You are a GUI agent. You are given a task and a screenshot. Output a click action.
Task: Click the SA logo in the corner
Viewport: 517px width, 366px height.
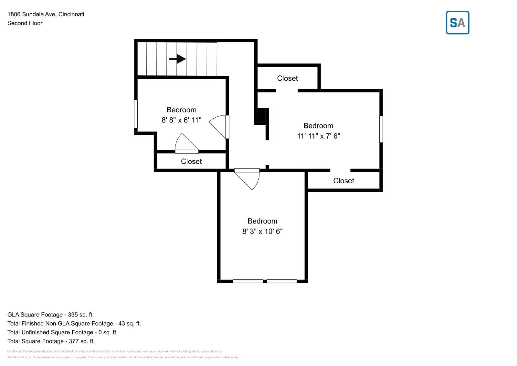[x=457, y=23]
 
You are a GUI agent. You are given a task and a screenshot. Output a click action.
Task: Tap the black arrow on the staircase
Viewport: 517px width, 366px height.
[x=177, y=59]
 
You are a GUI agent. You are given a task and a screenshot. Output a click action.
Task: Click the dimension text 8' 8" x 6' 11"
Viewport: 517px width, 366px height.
[x=181, y=120]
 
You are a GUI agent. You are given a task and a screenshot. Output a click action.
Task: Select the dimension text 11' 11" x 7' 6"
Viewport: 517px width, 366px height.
[x=318, y=136]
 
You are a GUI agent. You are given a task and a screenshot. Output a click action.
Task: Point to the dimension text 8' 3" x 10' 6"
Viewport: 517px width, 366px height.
[x=262, y=231]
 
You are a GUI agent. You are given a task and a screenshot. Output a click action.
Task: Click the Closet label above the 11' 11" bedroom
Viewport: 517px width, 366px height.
[x=287, y=78]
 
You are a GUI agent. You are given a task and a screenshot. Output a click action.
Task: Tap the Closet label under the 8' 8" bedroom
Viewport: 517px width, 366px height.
[x=191, y=161]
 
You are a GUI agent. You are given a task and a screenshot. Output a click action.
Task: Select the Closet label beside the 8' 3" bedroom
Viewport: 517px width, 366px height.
[x=343, y=181]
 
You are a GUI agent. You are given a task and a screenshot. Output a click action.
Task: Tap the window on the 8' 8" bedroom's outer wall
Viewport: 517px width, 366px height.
[x=136, y=114]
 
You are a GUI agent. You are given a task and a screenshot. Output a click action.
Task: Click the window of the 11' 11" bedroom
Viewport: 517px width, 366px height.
[x=381, y=129]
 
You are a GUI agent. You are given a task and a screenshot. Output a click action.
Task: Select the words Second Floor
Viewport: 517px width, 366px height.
[x=25, y=23]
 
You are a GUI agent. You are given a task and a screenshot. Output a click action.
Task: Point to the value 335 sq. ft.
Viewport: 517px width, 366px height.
[x=81, y=315]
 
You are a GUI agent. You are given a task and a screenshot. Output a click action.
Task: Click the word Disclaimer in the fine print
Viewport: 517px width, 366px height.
[x=14, y=351]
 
